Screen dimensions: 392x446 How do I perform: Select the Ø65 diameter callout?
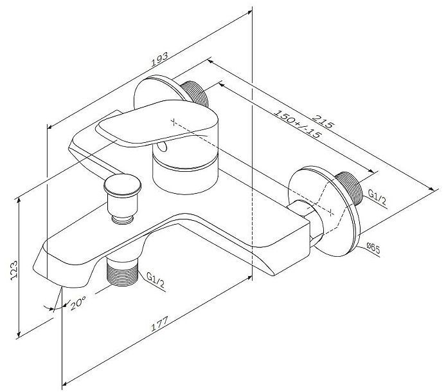click(x=375, y=247)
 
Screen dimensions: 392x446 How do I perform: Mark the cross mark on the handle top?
click(x=174, y=120)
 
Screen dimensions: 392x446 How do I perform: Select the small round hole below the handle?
click(x=165, y=149)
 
